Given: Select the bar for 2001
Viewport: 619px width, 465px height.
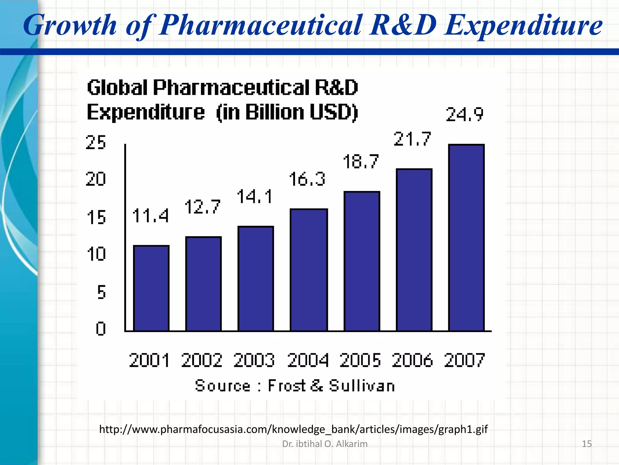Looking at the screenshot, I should (x=151, y=288).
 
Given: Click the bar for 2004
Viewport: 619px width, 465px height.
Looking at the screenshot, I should (x=309, y=270).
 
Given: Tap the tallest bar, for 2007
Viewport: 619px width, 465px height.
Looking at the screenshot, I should (x=466, y=238).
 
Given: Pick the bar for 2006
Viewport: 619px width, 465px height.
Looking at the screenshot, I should (x=414, y=250).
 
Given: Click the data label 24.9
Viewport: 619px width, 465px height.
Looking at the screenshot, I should (x=465, y=115).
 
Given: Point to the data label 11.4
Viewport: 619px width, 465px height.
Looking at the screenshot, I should (x=150, y=216).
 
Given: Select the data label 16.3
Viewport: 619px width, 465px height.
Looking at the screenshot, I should (x=307, y=179).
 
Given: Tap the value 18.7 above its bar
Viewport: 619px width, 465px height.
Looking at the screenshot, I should (x=361, y=161).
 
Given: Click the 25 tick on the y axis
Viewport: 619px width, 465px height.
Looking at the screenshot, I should (x=96, y=142).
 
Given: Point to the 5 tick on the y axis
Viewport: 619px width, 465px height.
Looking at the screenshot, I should (x=101, y=292).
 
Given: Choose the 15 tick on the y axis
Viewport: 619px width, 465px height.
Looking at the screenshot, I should (x=96, y=217).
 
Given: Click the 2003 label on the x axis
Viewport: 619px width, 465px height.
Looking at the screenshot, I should (x=254, y=360).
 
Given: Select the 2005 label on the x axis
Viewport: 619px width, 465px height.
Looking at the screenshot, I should (x=360, y=360).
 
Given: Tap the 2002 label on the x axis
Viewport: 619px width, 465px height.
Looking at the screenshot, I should (x=202, y=360).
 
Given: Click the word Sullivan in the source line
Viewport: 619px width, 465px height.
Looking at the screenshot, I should (x=362, y=386).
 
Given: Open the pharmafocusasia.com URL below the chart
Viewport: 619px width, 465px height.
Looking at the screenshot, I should (x=293, y=429).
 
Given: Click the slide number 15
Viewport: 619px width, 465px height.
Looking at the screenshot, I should (x=587, y=444).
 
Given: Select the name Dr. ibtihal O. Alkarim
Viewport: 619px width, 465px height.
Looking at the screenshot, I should (x=325, y=444).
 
